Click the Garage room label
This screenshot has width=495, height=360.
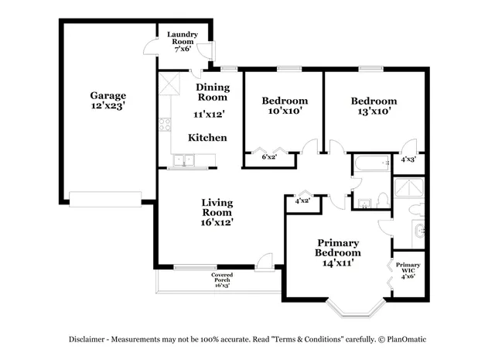click(x=108, y=101)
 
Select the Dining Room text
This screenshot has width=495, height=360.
click(x=212, y=92)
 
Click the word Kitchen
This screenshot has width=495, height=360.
click(x=208, y=138)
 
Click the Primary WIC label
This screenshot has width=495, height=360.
click(x=408, y=270)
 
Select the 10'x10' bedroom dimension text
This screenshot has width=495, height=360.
click(x=284, y=111)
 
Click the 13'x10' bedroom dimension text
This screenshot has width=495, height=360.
click(x=374, y=111)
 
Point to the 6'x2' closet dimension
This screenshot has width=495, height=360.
click(x=269, y=158)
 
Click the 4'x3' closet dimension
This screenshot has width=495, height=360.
click(x=408, y=159)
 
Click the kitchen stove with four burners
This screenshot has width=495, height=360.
click(x=165, y=122)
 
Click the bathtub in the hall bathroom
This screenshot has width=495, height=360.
click(x=372, y=164)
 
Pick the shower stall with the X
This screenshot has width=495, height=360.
click(x=408, y=188)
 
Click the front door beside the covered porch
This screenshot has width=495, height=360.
click(x=265, y=263)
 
